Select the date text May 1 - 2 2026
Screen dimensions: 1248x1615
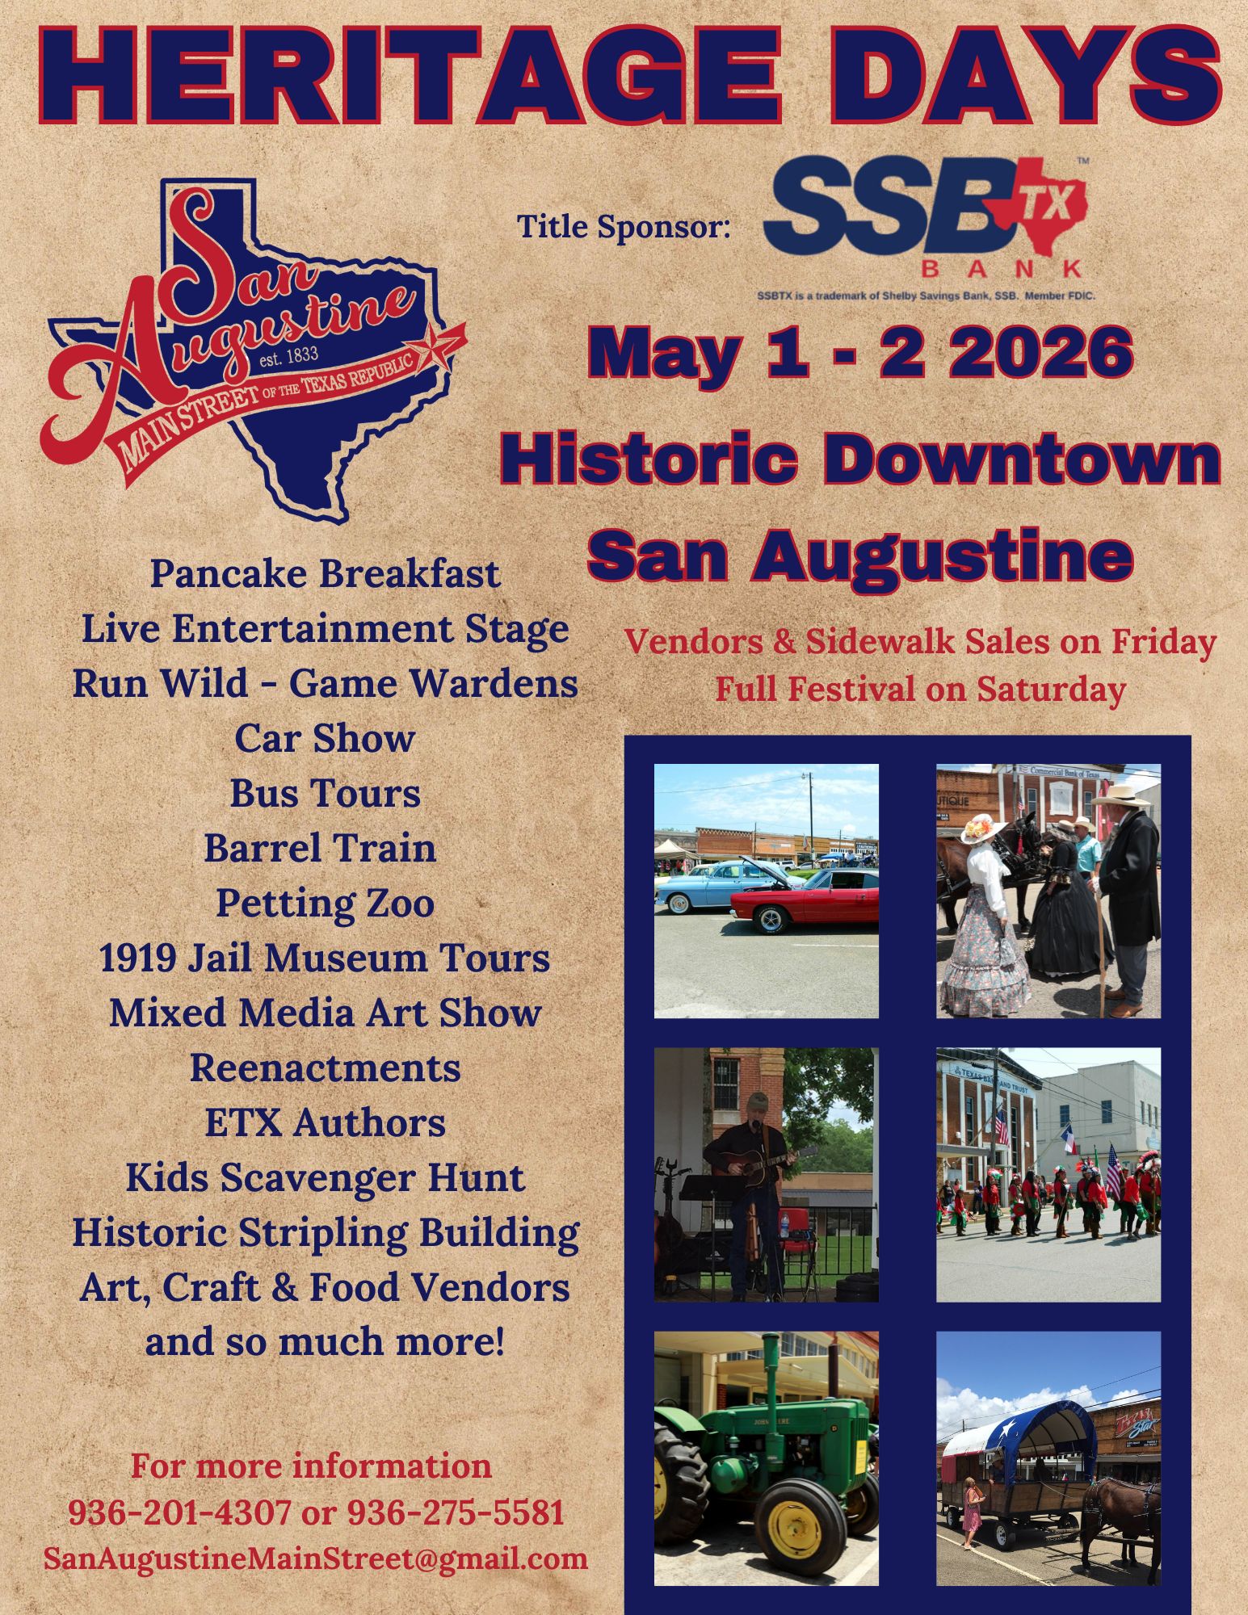tap(859, 353)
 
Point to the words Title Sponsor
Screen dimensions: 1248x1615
tap(624, 226)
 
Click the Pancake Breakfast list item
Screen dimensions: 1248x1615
tap(325, 574)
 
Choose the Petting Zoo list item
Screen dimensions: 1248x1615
tap(325, 903)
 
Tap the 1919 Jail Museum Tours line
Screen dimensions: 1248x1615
tap(325, 959)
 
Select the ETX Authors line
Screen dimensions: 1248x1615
tap(325, 1122)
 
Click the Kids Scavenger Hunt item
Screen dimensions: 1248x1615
tap(325, 1178)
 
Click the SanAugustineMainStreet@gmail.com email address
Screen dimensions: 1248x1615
tap(316, 1558)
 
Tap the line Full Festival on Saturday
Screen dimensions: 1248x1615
tap(920, 690)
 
